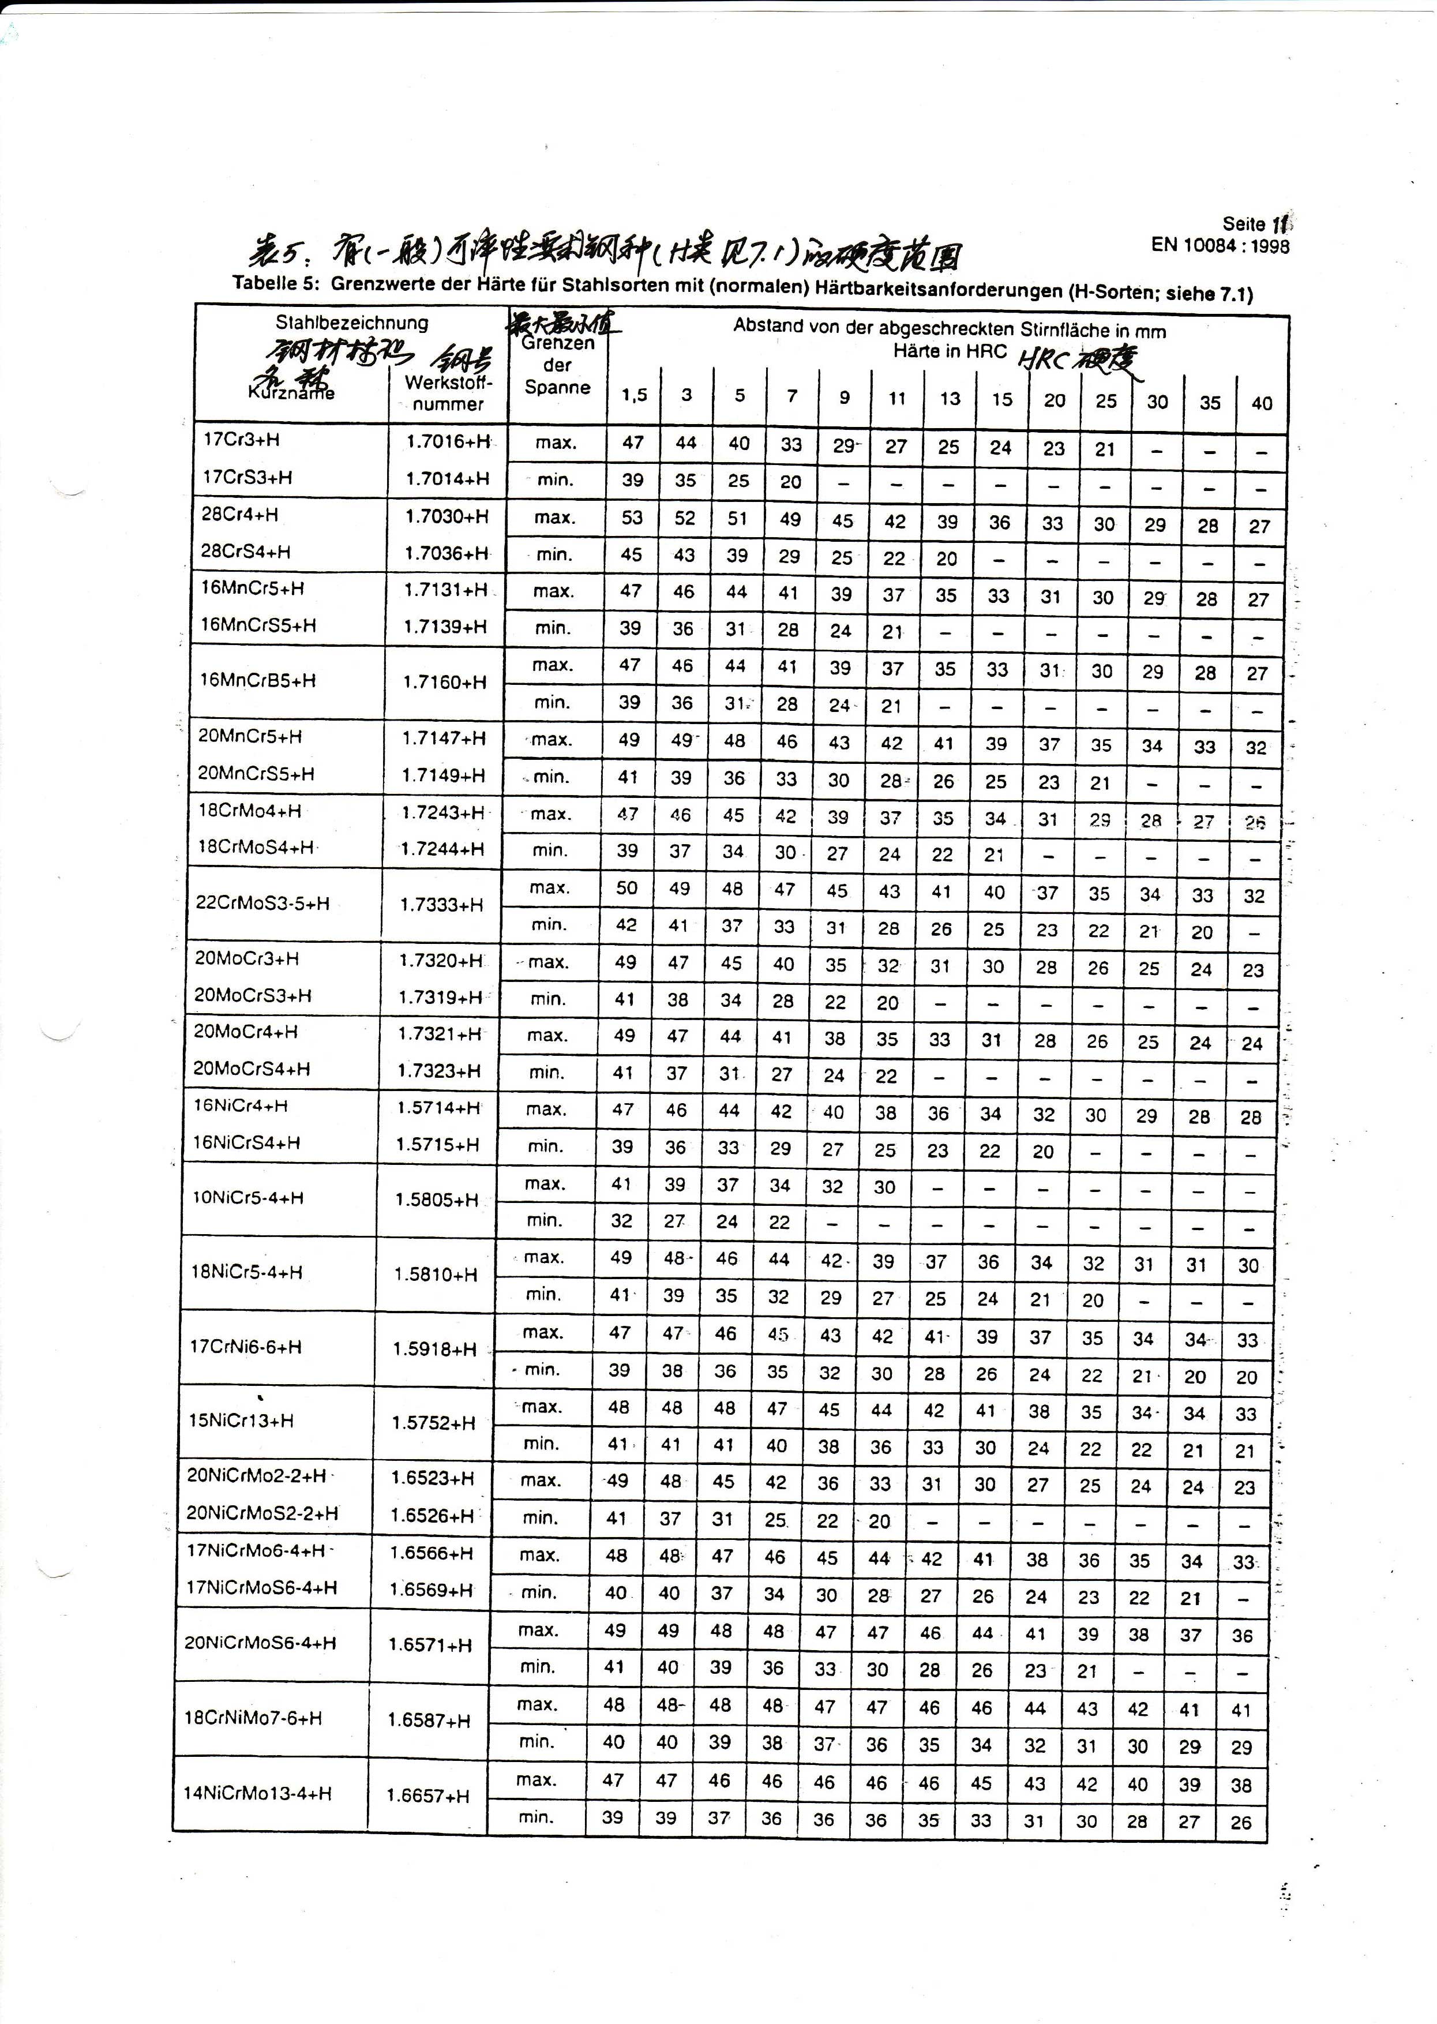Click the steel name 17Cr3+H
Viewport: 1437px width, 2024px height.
[242, 440]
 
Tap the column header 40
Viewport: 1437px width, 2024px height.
[1262, 403]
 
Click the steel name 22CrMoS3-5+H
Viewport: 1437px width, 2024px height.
[263, 904]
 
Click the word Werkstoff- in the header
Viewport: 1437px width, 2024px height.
[449, 383]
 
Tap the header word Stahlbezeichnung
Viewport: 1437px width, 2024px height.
[351, 323]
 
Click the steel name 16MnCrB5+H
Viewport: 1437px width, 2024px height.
[258, 681]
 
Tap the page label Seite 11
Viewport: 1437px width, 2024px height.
[1255, 224]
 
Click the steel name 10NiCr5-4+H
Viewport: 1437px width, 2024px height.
[247, 1198]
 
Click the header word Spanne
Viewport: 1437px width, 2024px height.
[557, 387]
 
